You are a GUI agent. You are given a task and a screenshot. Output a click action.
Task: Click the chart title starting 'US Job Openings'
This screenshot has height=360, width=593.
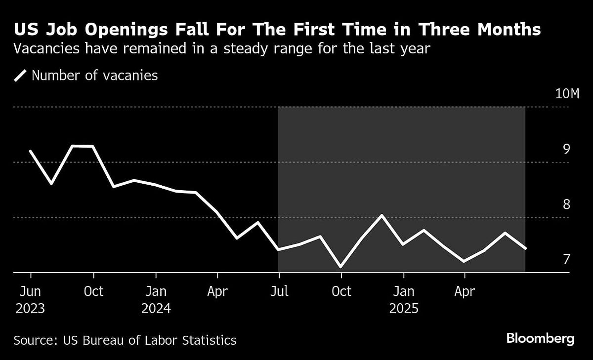(277, 30)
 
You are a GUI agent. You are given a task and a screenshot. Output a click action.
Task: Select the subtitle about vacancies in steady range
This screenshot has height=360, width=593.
(222, 49)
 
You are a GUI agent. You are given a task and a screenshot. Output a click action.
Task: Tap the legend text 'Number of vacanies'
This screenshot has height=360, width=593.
(94, 76)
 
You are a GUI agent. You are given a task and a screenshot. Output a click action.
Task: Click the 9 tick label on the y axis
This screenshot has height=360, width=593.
(566, 149)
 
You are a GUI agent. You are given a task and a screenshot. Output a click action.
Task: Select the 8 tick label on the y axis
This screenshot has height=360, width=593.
(566, 204)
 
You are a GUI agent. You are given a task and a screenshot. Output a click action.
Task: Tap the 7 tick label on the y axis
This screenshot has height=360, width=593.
(566, 259)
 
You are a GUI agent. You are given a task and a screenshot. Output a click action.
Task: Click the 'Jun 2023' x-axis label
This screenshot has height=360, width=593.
(31, 300)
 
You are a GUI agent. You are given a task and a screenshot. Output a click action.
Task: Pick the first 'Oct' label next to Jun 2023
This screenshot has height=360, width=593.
(93, 291)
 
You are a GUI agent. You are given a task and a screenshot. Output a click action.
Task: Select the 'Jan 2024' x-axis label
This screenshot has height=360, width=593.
(156, 300)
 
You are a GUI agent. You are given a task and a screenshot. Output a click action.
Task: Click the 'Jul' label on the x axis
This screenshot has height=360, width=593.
(279, 291)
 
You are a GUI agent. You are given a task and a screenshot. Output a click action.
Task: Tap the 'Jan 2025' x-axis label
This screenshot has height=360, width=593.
(404, 300)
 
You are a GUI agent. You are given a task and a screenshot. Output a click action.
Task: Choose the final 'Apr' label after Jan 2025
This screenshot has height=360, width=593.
(465, 291)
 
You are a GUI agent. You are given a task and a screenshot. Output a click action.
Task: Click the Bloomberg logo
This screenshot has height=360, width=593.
(540, 339)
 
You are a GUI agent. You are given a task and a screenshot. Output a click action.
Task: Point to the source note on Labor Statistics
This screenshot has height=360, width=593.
(125, 340)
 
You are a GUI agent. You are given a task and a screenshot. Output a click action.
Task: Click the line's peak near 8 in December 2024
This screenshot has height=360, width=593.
(382, 215)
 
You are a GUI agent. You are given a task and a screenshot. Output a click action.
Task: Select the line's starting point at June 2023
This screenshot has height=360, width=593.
(31, 151)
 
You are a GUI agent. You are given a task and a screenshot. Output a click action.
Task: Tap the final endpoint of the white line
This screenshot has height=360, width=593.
(525, 248)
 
